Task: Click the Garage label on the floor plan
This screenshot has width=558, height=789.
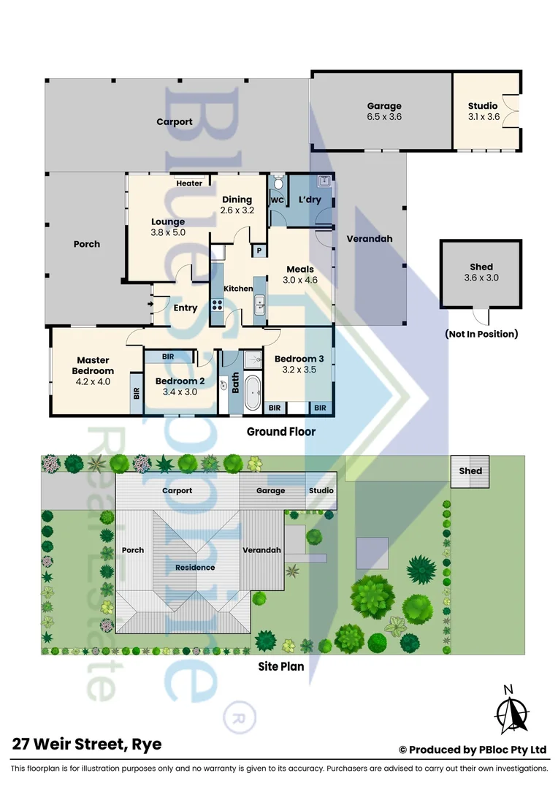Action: (x=384, y=106)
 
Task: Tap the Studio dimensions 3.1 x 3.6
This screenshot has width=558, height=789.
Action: (x=484, y=117)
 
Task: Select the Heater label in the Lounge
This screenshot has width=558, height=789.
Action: (x=189, y=183)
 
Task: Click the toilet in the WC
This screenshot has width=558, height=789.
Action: (x=278, y=182)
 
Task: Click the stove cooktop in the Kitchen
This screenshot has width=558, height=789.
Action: (x=217, y=305)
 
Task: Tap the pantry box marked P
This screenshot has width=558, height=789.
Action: (x=259, y=250)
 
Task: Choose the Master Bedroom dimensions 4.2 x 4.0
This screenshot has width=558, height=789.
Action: (x=93, y=382)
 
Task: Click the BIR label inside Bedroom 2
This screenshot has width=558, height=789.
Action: (x=168, y=357)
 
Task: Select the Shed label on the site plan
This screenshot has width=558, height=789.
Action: (x=470, y=471)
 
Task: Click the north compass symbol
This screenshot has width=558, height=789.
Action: (x=511, y=709)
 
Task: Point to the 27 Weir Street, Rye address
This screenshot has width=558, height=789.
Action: (x=87, y=744)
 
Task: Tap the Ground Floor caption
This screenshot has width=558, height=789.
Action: (x=280, y=432)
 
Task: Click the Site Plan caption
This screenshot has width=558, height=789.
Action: (x=280, y=667)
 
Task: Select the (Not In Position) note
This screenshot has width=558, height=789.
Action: (x=481, y=334)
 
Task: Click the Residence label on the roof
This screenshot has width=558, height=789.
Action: (x=195, y=568)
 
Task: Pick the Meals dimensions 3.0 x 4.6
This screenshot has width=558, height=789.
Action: (x=300, y=281)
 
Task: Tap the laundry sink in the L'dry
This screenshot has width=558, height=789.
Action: (x=324, y=181)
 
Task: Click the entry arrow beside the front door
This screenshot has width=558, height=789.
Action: (x=150, y=304)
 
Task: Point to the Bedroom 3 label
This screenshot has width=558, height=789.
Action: (x=299, y=359)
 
